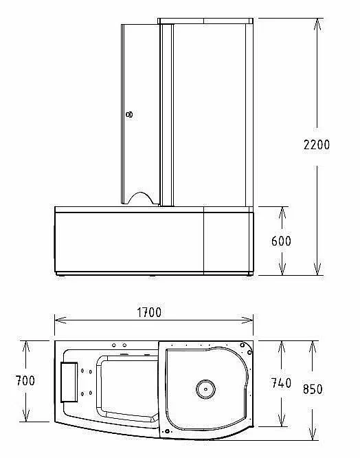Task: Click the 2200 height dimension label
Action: [317, 144]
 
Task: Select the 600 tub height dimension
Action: [281, 241]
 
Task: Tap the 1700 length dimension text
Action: [149, 312]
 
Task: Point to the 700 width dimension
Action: [25, 380]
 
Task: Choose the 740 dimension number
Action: [281, 383]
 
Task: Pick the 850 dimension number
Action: [313, 389]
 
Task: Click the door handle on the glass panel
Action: [129, 114]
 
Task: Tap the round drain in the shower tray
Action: [205, 389]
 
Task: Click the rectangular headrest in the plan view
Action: [69, 382]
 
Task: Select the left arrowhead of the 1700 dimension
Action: [60, 320]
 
